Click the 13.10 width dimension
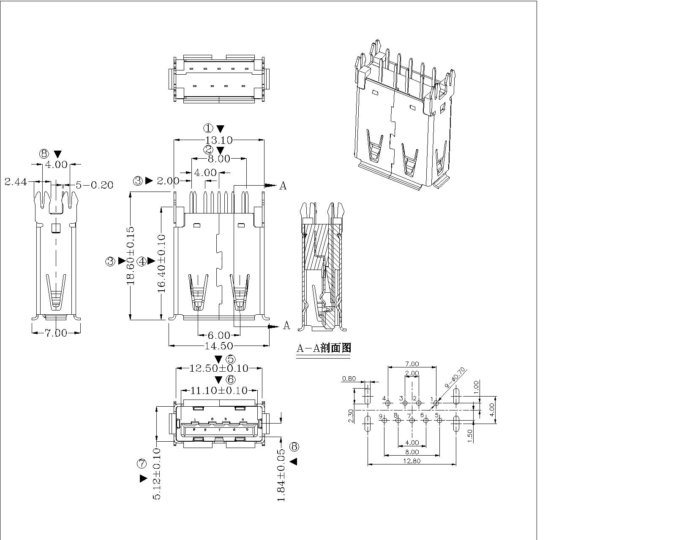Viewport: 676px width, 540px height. [218, 140]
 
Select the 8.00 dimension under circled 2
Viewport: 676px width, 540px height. [218, 159]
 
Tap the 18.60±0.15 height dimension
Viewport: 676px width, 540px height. [131, 256]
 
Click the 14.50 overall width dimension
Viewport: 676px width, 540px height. [218, 346]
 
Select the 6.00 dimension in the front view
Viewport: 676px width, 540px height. [219, 335]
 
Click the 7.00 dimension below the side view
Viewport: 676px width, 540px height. [56, 333]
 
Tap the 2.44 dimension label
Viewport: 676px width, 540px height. [16, 182]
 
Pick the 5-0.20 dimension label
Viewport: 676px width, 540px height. [94, 185]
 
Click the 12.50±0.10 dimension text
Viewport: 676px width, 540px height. [218, 368]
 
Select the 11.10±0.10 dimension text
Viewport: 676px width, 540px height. [218, 391]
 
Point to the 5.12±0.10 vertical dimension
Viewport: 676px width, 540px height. [156, 474]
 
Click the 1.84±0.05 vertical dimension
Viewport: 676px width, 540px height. [281, 475]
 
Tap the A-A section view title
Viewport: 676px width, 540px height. [324, 348]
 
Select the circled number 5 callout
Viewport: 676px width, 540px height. [231, 359]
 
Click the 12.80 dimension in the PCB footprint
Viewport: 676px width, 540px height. [412, 461]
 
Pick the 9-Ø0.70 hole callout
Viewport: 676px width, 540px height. [455, 378]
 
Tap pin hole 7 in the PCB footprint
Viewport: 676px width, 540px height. [412, 420]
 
